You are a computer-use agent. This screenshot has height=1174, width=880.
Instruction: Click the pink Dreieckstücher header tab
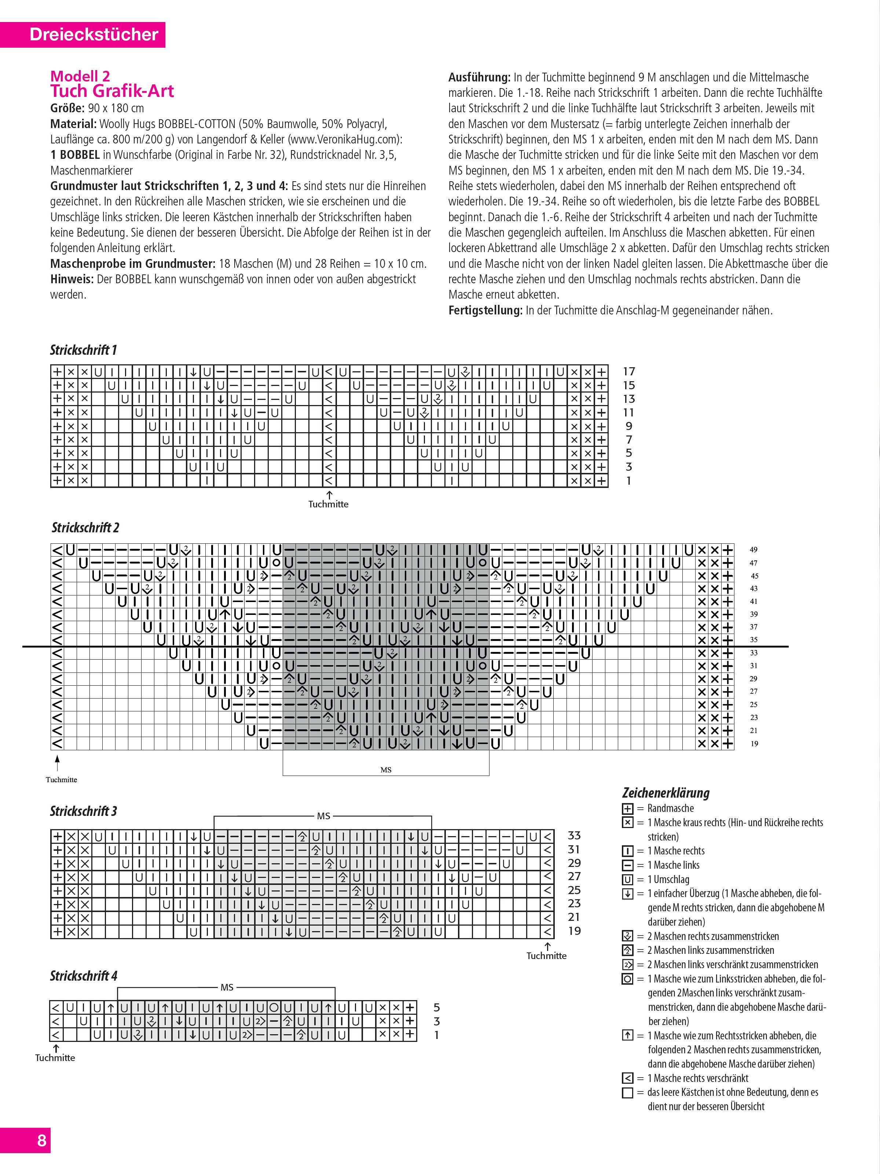[x=93, y=34]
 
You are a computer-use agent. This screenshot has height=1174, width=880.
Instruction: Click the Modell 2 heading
[x=80, y=76]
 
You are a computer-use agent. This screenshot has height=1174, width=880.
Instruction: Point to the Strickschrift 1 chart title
[x=83, y=350]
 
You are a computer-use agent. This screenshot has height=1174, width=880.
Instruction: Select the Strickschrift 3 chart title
[x=83, y=811]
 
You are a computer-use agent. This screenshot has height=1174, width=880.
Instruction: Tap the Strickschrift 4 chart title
[x=83, y=976]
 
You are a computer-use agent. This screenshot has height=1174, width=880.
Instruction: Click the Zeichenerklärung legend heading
[x=666, y=793]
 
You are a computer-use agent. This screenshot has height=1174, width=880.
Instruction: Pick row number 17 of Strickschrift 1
[x=628, y=372]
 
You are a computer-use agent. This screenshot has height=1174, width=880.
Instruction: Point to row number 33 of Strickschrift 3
[x=574, y=835]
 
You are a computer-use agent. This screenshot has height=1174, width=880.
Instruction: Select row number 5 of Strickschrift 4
[x=437, y=1007]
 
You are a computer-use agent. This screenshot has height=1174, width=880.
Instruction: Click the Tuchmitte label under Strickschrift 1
[x=328, y=504]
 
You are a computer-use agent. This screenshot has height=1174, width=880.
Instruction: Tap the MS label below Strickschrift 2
[x=386, y=770]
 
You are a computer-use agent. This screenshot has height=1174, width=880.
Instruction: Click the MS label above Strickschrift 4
[x=227, y=988]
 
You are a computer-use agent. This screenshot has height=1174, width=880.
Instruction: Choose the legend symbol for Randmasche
[x=627, y=809]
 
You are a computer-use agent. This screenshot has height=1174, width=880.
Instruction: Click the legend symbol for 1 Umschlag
[x=627, y=879]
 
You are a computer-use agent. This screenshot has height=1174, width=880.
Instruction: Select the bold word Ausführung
[x=479, y=77]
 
